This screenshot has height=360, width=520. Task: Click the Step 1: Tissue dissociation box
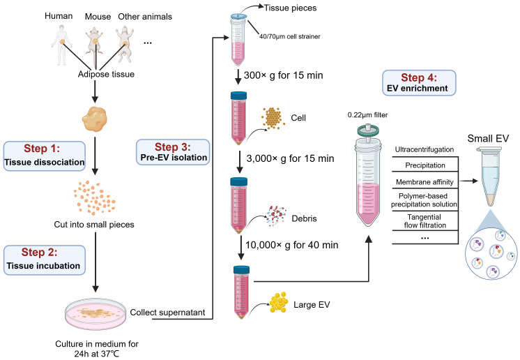44,156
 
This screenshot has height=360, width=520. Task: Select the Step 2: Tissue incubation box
44,260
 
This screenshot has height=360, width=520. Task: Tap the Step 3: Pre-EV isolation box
173,152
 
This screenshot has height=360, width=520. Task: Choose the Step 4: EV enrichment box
419,83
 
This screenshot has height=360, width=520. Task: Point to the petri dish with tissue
95,314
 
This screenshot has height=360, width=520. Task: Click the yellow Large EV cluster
279,302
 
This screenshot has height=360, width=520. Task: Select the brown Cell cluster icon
273,118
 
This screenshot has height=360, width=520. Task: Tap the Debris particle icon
276,216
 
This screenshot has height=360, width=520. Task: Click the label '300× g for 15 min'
283,75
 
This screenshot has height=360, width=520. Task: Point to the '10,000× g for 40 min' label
292,245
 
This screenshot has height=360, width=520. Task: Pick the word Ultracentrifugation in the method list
425,149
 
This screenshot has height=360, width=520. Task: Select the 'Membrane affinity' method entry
425,182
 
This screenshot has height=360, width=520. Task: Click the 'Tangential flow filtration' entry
425,221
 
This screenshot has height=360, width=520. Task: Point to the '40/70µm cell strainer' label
290,36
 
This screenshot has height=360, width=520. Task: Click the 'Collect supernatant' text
167,313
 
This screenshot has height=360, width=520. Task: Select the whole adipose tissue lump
95,119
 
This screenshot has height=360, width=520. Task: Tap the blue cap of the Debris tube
239,181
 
